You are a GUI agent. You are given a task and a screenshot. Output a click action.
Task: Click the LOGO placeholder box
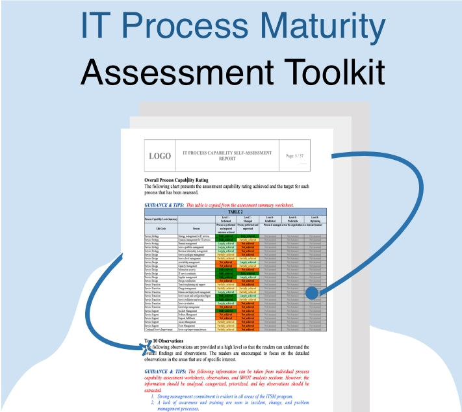[x=160, y=156]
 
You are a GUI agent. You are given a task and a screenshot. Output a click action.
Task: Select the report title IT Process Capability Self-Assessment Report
[x=227, y=156]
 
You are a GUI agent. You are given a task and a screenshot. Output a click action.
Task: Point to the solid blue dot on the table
[x=312, y=293]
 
